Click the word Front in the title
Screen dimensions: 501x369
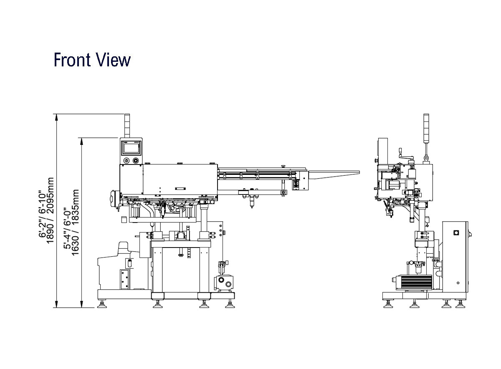tap(72, 60)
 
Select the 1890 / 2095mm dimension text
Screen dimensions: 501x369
tap(51, 210)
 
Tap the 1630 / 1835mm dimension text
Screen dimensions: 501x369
tap(75, 222)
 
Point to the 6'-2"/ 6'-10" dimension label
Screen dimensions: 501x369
tap(42, 214)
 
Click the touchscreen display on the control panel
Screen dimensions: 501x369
tap(131, 148)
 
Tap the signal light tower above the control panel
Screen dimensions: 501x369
tap(127, 126)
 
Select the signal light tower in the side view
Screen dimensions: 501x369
tap(426, 128)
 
